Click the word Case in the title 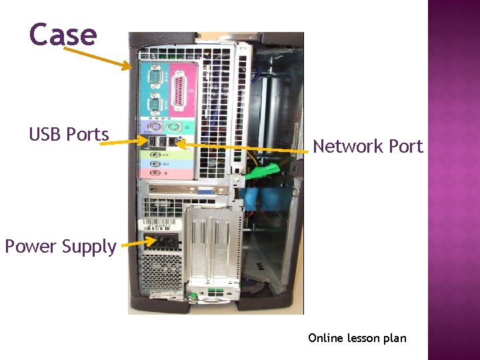click(x=63, y=35)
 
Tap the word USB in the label click(x=46, y=135)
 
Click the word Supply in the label click(x=89, y=247)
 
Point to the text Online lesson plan click(x=357, y=338)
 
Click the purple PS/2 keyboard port click(x=154, y=127)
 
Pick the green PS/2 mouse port click(x=171, y=127)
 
